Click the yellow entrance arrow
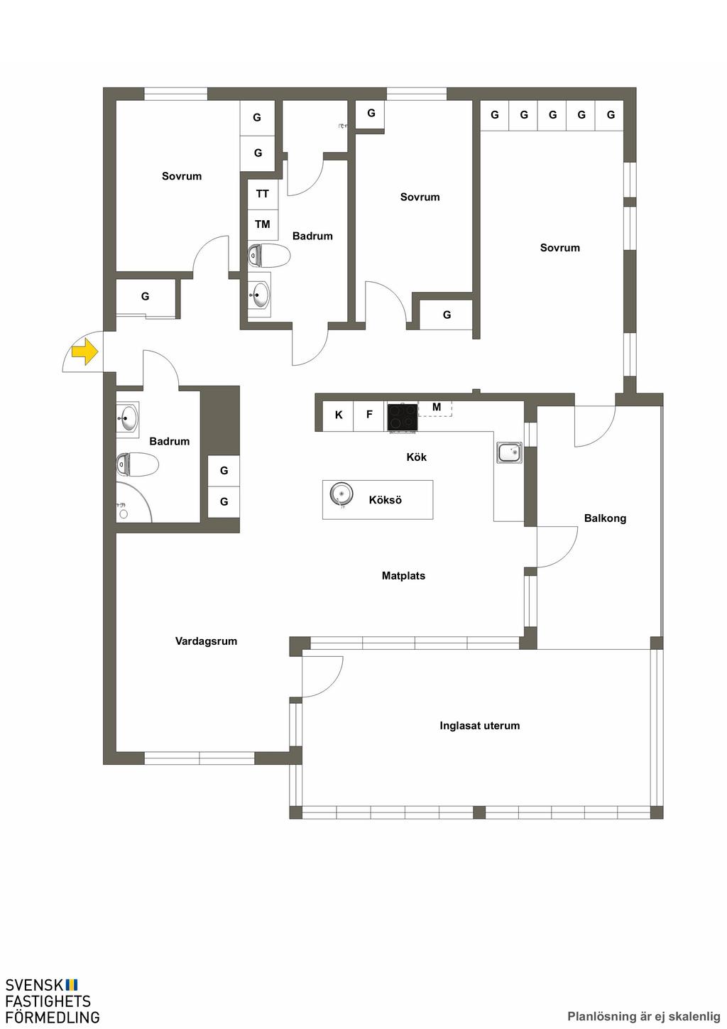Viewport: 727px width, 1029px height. [85, 352]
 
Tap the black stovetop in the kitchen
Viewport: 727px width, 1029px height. [403, 417]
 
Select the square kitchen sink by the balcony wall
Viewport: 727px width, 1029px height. [509, 452]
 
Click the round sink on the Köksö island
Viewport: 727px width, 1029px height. [341, 494]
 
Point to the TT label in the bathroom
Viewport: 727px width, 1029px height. [262, 194]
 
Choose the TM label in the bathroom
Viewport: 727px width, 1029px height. [263, 224]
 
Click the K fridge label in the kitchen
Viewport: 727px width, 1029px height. [339, 415]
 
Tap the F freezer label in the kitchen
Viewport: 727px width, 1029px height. [369, 414]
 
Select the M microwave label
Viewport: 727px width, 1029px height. [437, 406]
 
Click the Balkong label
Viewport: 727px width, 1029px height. [605, 518]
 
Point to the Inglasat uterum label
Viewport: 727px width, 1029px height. [479, 726]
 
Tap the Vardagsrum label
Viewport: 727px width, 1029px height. [206, 641]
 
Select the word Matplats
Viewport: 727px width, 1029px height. [404, 576]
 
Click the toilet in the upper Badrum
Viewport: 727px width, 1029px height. [268, 256]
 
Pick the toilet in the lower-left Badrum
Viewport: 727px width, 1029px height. [137, 464]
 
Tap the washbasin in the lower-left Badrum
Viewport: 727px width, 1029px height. [127, 418]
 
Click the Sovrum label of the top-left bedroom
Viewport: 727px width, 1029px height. [182, 176]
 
